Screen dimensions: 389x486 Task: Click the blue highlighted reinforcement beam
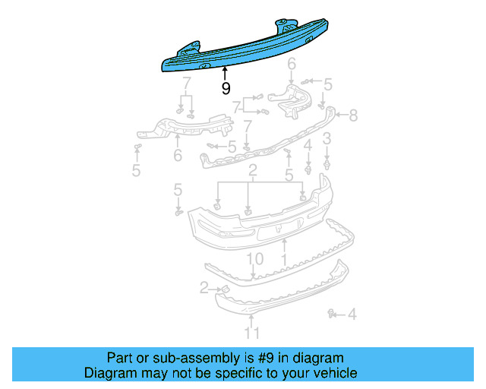(251, 50)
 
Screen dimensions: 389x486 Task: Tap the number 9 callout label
(226, 89)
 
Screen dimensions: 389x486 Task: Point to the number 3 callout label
(327, 138)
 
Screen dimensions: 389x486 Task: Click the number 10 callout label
(254, 260)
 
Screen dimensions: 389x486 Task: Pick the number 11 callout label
(252, 333)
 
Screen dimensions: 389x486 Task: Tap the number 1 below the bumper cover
(284, 260)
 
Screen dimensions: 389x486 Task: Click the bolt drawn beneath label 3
(327, 162)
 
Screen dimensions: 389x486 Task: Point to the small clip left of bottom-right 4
(332, 312)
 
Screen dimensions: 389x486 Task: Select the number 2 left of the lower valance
(204, 287)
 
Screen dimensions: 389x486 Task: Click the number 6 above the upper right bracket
(291, 74)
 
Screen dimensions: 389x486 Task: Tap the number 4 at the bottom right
(352, 313)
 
